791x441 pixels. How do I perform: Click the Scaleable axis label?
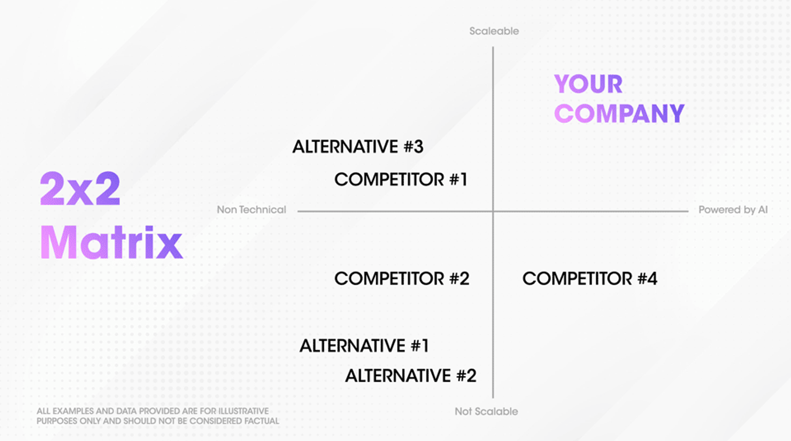(x=494, y=31)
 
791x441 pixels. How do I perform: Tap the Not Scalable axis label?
(x=486, y=411)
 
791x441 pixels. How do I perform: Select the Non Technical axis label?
(x=251, y=210)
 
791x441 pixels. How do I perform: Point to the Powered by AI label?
(x=733, y=210)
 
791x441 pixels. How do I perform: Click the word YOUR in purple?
(x=588, y=84)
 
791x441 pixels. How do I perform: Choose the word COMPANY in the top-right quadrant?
(x=619, y=114)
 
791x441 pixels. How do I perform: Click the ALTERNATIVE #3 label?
(x=358, y=147)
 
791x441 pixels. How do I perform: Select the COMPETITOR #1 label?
(x=400, y=180)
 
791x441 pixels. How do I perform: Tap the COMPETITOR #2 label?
(x=402, y=279)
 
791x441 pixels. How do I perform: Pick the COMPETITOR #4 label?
(x=590, y=279)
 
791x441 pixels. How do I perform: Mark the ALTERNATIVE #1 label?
(x=364, y=346)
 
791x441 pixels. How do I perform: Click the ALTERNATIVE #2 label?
(x=410, y=376)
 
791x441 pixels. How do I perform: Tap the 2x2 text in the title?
(x=80, y=189)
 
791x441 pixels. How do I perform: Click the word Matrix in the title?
(x=111, y=243)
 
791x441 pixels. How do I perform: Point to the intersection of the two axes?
(x=493, y=211)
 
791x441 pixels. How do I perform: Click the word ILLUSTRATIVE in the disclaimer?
(x=243, y=411)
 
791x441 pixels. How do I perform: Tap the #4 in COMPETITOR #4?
(x=647, y=279)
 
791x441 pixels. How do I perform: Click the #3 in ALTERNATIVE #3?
(x=413, y=147)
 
